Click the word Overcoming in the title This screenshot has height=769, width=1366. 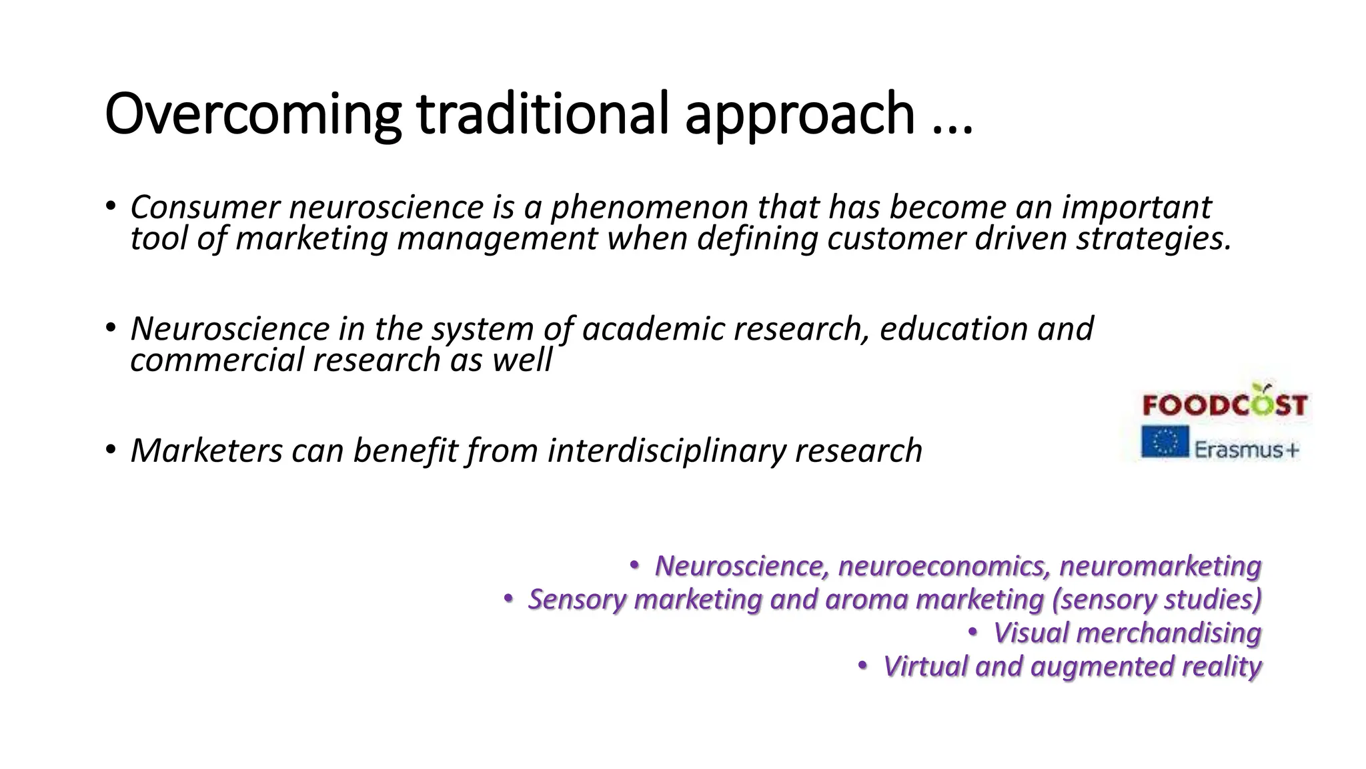(x=252, y=114)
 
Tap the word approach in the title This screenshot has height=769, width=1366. (x=799, y=114)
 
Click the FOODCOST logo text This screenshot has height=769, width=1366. (x=1224, y=405)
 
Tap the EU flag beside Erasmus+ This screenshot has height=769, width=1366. (x=1165, y=442)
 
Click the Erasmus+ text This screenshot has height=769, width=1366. (x=1246, y=449)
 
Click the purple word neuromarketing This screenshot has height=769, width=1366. (x=1160, y=566)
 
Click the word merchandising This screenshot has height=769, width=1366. (x=1169, y=633)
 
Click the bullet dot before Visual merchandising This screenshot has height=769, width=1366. (x=973, y=631)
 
